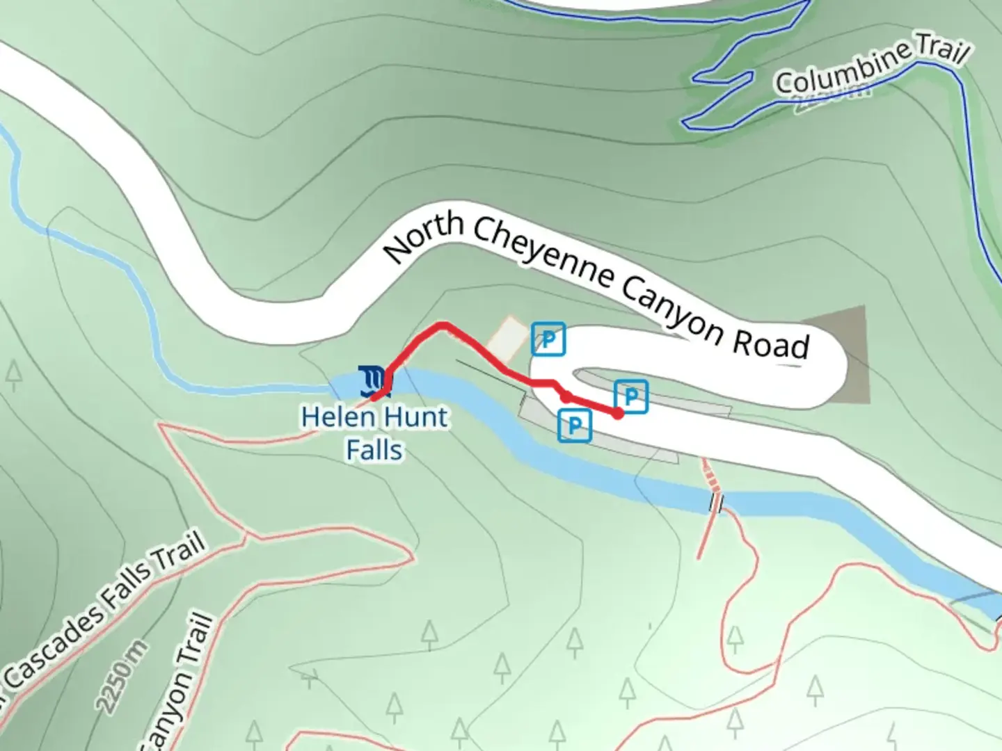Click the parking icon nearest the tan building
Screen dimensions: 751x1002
(x=548, y=339)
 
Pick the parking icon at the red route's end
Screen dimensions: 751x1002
(x=631, y=397)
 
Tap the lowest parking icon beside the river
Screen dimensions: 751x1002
(x=575, y=425)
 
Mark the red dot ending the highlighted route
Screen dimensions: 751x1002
(x=617, y=414)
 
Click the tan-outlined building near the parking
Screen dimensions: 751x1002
(x=507, y=338)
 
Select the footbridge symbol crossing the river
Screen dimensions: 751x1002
(x=716, y=502)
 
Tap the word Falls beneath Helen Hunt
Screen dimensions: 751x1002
(x=374, y=450)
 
